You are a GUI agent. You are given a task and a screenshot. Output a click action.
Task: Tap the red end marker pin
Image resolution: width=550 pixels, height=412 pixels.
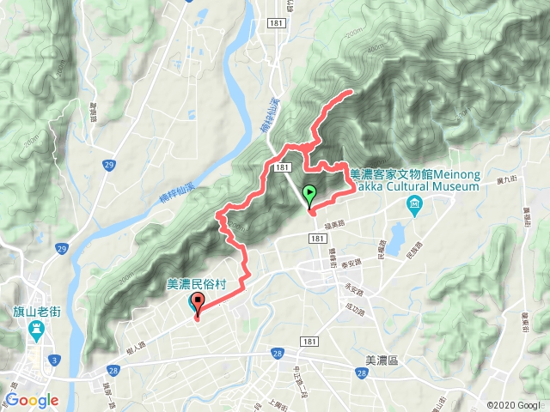pos(198,303)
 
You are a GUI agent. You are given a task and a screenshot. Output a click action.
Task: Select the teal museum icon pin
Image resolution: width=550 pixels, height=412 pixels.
pos(415,203)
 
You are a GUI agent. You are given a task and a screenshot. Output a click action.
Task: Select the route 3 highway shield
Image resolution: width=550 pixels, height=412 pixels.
pos(53,357)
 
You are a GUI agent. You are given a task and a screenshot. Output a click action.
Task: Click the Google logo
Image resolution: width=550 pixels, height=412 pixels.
pos(32,400)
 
